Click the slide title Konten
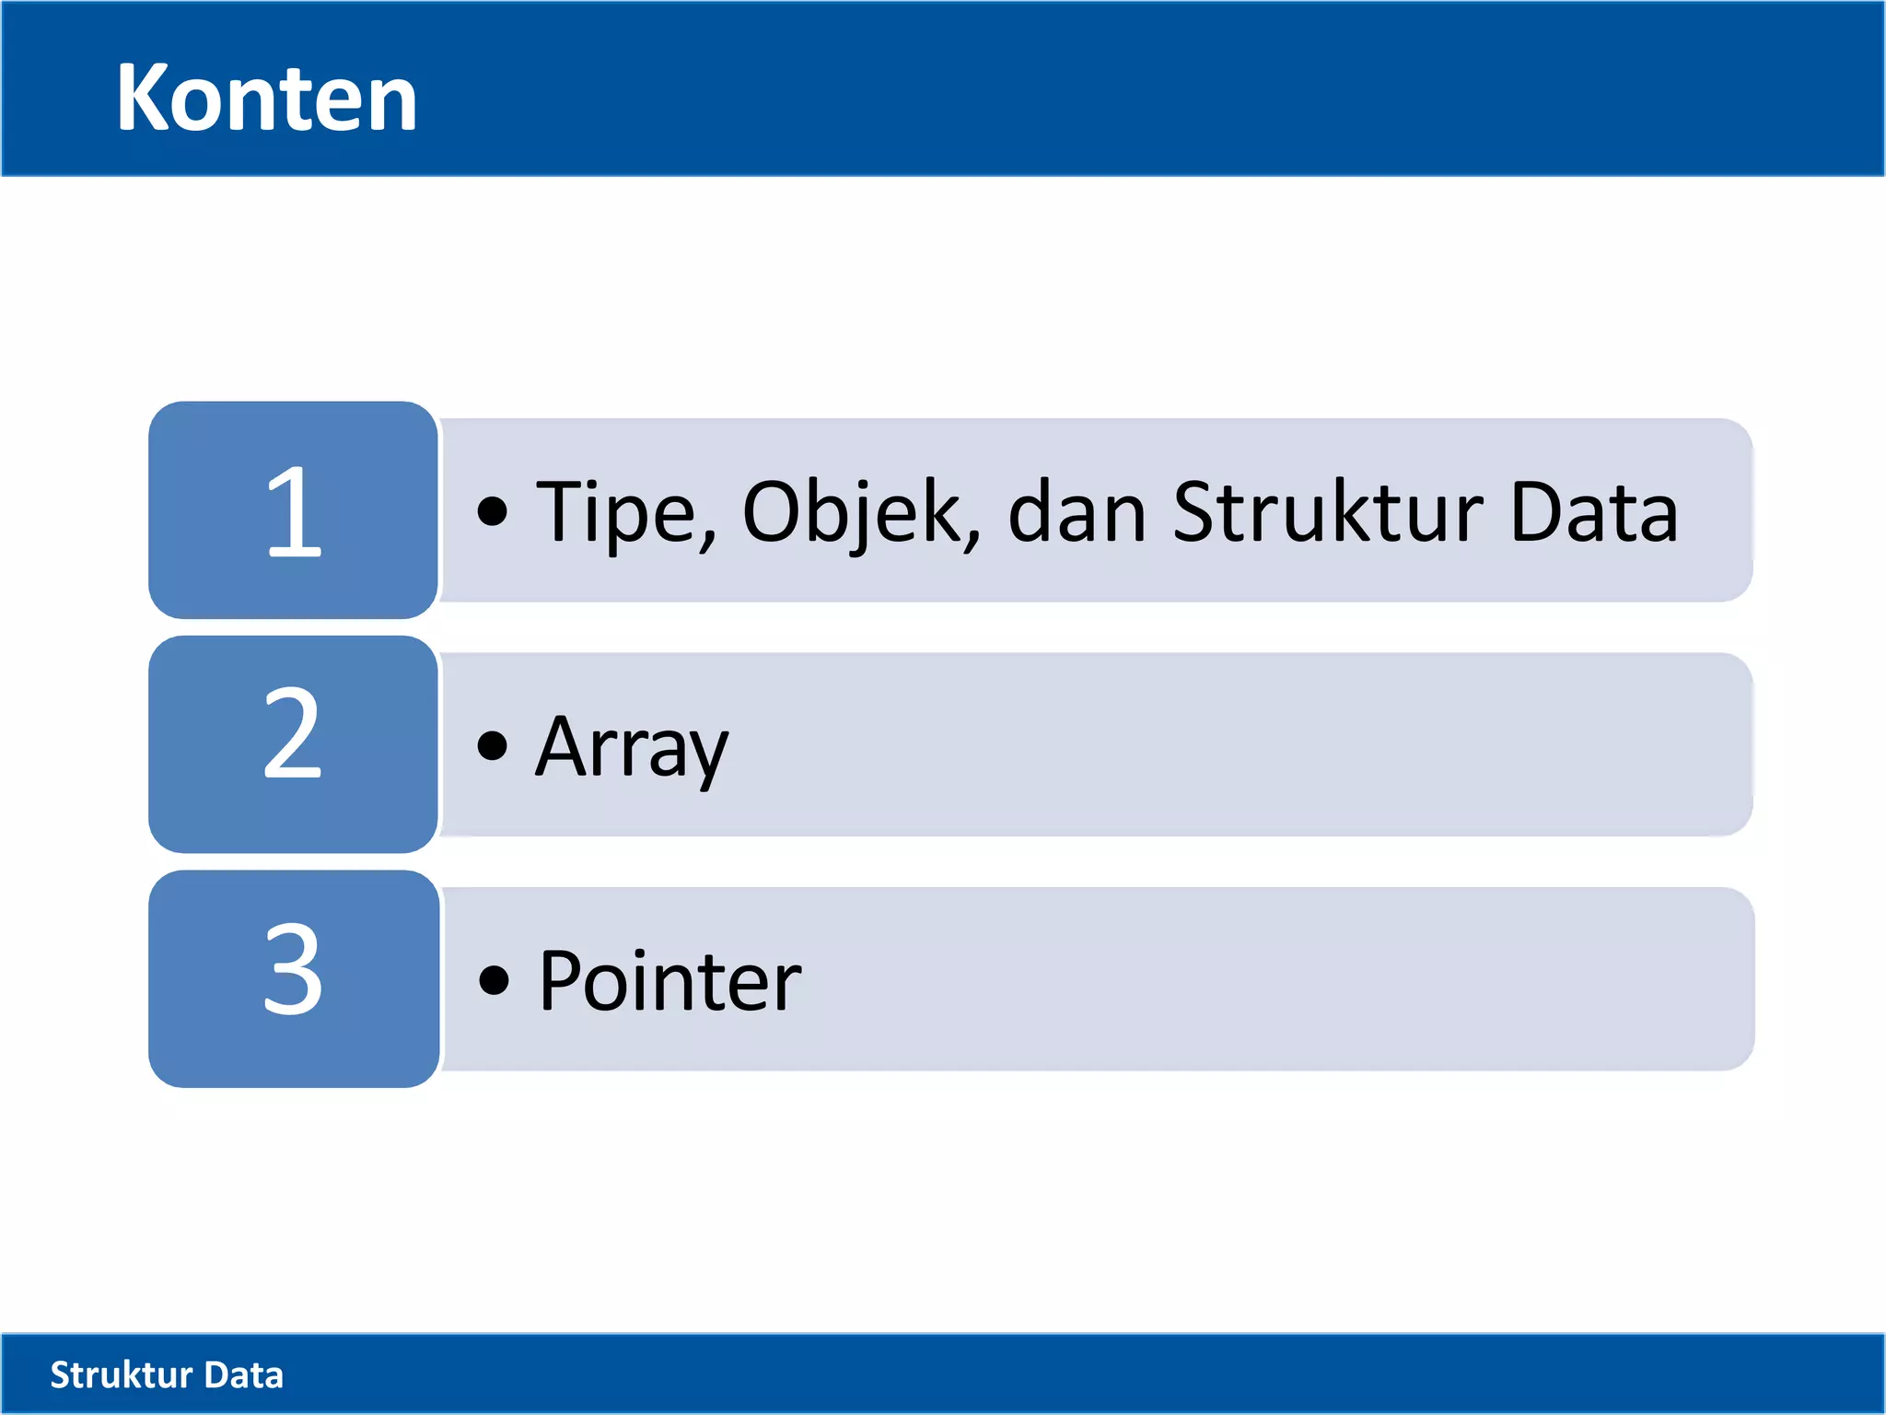tap(266, 98)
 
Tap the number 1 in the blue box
tap(294, 512)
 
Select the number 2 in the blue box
tap(293, 734)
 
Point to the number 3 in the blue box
tap(293, 970)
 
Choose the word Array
tap(632, 748)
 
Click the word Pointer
tap(669, 982)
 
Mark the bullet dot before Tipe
tap(493, 512)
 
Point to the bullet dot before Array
tap(493, 745)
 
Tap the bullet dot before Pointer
tap(494, 980)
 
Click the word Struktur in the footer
tap(121, 1374)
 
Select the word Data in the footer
tap(243, 1374)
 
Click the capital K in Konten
tap(147, 98)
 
